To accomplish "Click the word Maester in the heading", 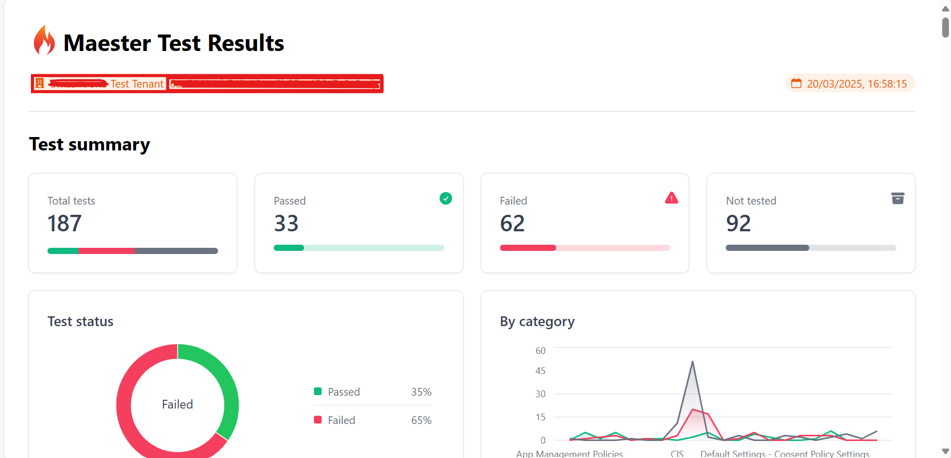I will click(107, 43).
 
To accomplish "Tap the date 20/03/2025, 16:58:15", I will click(856, 84).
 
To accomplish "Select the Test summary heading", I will click(89, 144).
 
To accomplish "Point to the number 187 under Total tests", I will click(64, 224).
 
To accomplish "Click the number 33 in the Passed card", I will click(286, 224).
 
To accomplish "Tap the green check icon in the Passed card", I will click(446, 198).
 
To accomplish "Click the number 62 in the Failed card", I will click(512, 224).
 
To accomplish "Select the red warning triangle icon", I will click(672, 198).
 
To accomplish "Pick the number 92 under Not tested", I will click(738, 224).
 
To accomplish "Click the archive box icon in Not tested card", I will click(897, 198).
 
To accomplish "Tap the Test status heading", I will click(80, 321).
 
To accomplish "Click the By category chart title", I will click(537, 321).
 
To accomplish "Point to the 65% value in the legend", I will click(421, 420).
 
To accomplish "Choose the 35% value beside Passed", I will click(421, 392).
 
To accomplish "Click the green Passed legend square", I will click(318, 392).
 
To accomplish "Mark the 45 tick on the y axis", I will click(540, 371).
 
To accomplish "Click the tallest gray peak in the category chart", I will click(692, 362).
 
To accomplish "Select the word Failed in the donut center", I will click(177, 404).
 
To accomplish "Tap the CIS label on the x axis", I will click(677, 453).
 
